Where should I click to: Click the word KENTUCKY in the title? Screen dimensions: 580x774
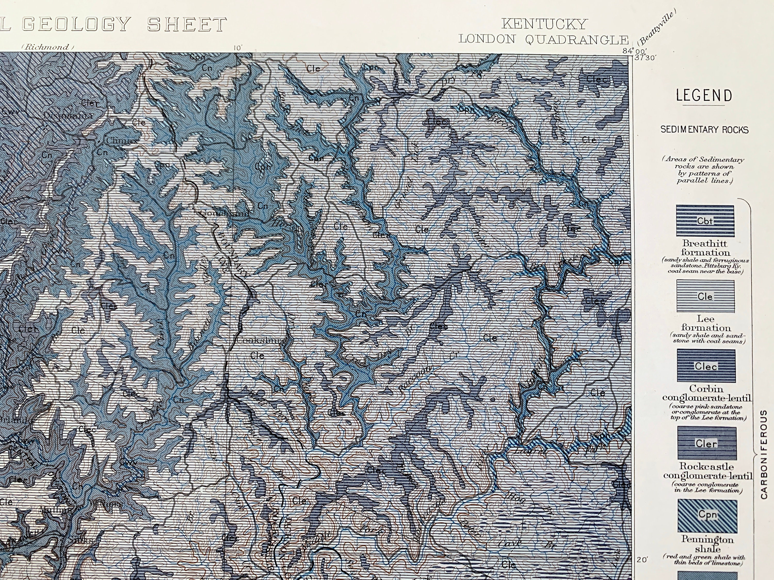click(x=544, y=24)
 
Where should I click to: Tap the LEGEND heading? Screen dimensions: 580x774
click(x=704, y=95)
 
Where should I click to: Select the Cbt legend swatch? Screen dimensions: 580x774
click(x=705, y=221)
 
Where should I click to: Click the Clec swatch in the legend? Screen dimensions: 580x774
click(x=706, y=366)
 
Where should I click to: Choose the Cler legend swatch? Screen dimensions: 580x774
click(x=706, y=443)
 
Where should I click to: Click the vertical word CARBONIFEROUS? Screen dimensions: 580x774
click(x=764, y=454)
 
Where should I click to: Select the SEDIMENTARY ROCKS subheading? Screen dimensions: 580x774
click(x=704, y=130)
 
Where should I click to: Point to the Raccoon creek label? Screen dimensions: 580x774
click(x=415, y=378)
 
